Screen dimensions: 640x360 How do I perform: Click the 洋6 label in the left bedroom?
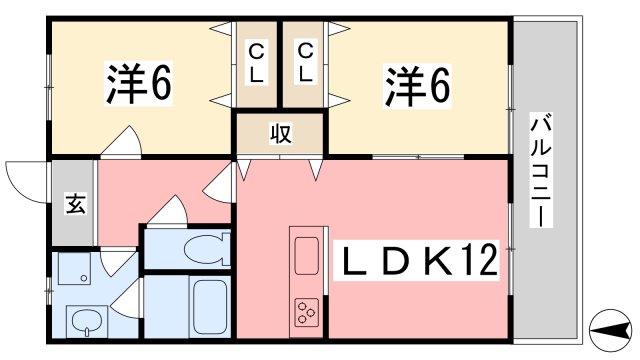click(x=139, y=84)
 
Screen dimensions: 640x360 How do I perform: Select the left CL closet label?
click(x=257, y=62)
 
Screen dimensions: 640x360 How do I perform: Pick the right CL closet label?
click(x=305, y=62)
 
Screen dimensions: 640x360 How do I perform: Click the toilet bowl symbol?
click(x=205, y=248)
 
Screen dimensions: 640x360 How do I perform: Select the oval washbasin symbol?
click(x=86, y=323)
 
